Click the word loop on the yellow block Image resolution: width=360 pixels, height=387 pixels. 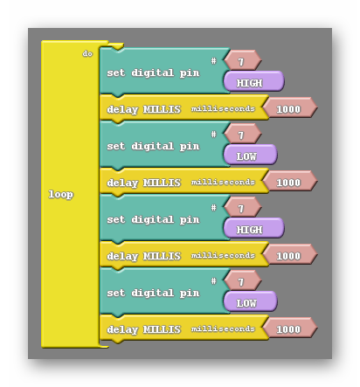60,195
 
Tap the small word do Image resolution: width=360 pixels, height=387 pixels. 87,53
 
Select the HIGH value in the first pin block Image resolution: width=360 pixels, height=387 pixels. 249,83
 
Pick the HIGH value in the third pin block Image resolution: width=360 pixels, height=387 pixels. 249,230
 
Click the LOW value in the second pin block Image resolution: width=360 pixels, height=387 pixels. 246,156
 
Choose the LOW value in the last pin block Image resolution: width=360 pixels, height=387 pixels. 246,303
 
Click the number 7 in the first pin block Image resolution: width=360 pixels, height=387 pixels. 241,62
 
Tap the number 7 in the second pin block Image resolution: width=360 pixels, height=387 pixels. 241,135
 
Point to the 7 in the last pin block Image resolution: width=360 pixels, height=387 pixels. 241,282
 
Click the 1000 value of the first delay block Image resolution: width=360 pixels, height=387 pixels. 288,109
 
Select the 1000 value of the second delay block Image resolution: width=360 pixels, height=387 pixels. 288,183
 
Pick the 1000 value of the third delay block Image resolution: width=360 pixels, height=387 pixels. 288,256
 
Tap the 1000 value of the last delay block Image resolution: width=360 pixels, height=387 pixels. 288,329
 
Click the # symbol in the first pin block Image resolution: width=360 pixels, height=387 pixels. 214,60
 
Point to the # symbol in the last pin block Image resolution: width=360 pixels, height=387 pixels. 214,280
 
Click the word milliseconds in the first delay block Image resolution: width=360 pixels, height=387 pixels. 223,108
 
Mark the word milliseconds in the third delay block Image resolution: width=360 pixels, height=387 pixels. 223,255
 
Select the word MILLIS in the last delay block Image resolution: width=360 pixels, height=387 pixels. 162,329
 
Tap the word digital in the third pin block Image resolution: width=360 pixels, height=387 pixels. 153,219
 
